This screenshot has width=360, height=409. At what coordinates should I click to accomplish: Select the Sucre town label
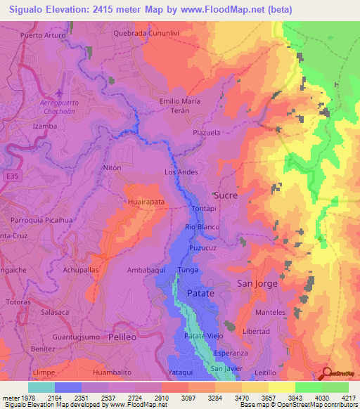coord(225,194)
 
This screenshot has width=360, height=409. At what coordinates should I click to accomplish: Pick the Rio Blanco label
coord(202,227)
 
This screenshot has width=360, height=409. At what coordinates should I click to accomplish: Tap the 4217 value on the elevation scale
coord(349,398)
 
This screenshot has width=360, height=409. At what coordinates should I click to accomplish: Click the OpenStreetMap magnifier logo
coord(326,374)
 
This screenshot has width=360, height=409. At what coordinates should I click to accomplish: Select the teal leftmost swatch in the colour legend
coord(41,387)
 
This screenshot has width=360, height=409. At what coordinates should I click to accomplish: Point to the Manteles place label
coord(270,311)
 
